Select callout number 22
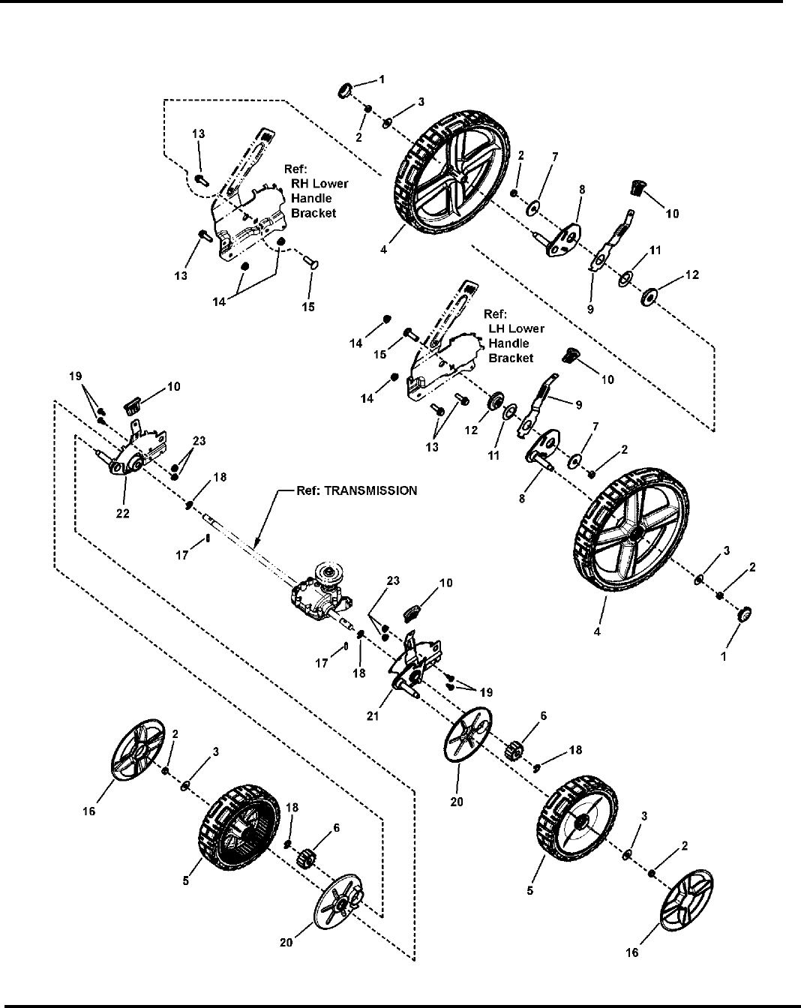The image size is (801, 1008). (123, 513)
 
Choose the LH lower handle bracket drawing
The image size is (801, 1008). (445, 346)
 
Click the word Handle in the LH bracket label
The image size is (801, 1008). (508, 343)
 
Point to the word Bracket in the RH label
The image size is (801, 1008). (313, 213)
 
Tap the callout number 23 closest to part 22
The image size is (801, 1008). (199, 441)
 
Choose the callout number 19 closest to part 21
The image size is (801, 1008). (486, 692)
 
